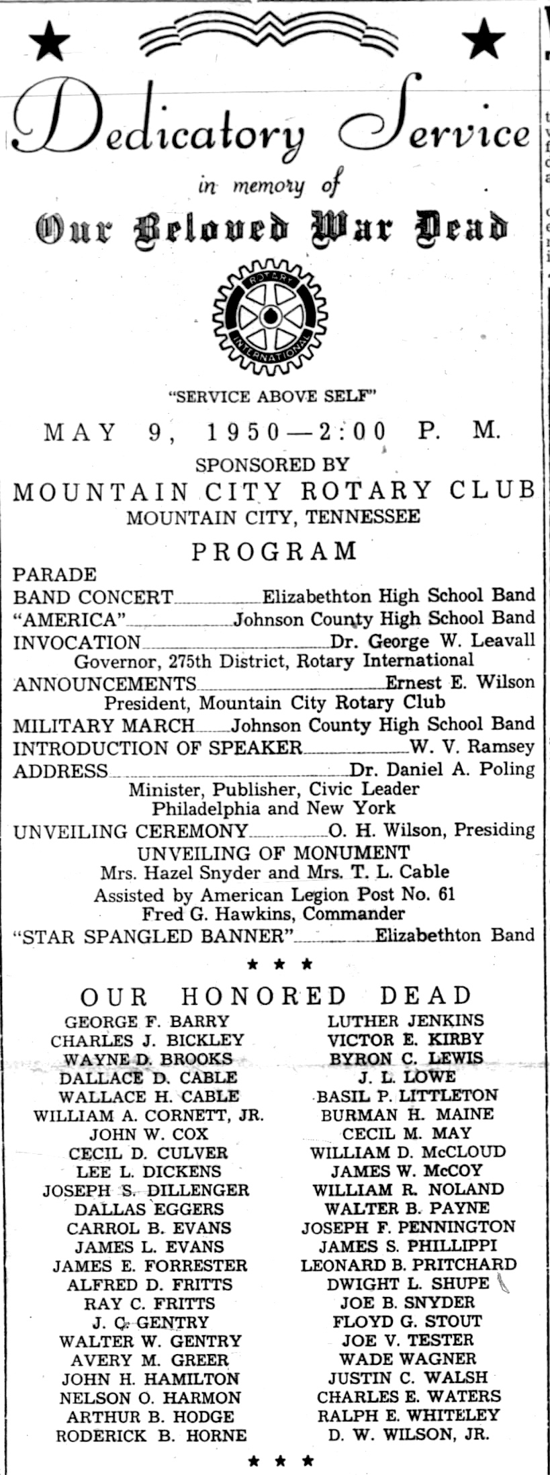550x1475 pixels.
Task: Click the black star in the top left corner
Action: (50, 40)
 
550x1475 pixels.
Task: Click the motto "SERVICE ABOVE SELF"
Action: (271, 396)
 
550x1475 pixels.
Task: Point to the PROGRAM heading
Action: (275, 551)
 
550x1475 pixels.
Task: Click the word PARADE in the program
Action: (55, 575)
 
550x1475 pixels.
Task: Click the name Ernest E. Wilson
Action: (460, 682)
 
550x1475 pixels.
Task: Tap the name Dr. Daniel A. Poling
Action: (442, 770)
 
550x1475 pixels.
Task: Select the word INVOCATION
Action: (77, 642)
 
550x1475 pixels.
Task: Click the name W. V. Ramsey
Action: (472, 746)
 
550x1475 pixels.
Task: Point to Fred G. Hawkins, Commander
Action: (273, 914)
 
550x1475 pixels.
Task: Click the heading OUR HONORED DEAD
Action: (275, 995)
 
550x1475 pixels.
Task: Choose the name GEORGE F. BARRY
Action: (147, 1022)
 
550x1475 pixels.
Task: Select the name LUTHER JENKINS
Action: (406, 1021)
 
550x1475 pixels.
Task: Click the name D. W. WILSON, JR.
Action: (408, 1435)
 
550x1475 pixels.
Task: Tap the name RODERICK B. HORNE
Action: (151, 1436)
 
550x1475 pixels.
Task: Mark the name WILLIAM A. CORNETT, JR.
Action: (148, 1116)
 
